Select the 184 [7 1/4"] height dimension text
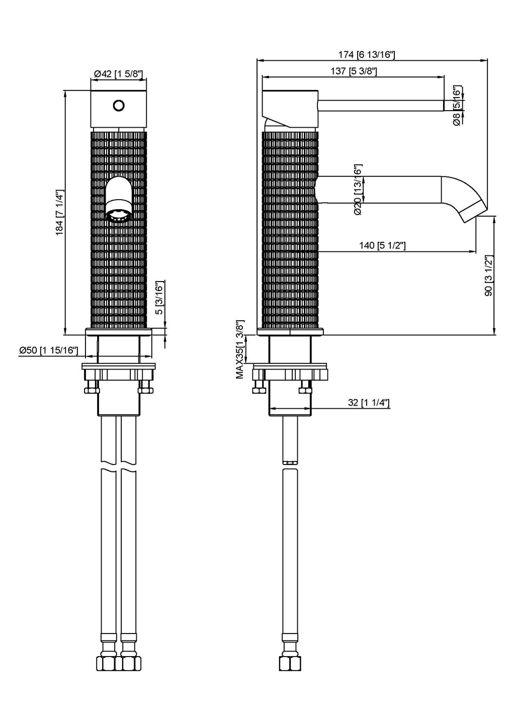(x=59, y=212)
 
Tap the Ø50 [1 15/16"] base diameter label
(x=48, y=350)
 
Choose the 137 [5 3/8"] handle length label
(x=354, y=71)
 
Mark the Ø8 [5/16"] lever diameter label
(x=457, y=106)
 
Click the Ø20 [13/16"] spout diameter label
(x=358, y=190)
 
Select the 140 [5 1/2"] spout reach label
(x=383, y=245)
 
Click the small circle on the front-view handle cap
(x=119, y=106)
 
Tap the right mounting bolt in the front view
(x=145, y=388)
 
